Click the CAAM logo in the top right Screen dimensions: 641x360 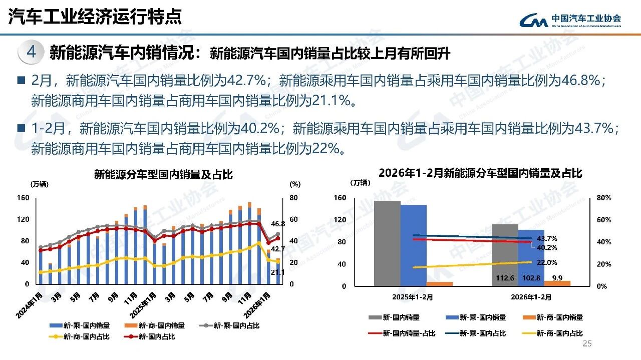tap(570, 21)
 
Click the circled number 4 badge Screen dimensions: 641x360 tap(31, 53)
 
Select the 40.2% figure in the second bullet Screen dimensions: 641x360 tap(259, 128)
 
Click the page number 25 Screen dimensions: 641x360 tap(587, 343)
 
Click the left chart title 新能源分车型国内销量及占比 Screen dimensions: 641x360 tap(163, 174)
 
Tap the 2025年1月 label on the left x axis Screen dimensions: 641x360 tap(143, 305)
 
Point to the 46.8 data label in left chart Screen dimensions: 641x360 tap(277, 224)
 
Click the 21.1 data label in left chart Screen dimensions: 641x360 tap(277, 272)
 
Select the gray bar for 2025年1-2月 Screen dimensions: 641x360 tap(387, 243)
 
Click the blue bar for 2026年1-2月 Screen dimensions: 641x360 tap(531, 258)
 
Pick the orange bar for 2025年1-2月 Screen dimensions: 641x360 tap(440, 284)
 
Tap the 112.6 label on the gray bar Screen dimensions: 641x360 tap(505, 278)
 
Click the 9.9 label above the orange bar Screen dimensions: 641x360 tap(557, 278)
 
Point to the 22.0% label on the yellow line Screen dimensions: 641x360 tap(547, 262)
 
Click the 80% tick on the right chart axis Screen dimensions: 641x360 tap(604, 198)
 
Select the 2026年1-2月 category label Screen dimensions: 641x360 tap(531, 297)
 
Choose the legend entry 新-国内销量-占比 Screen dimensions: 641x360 tap(402, 333)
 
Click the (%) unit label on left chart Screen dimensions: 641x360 tap(295, 184)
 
